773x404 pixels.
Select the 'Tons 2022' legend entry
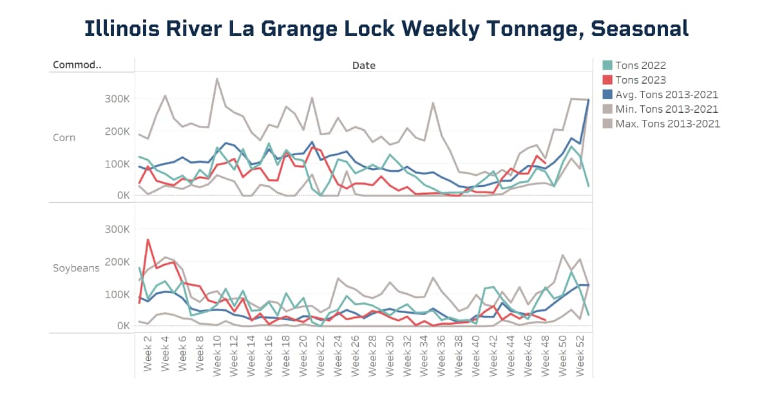(x=640, y=65)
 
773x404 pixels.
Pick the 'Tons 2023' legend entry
(x=640, y=80)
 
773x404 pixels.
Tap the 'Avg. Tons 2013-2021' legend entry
(x=666, y=95)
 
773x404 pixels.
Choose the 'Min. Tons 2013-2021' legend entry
(x=666, y=110)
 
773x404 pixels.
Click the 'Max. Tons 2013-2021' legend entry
(x=667, y=124)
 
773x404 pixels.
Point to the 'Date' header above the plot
(x=363, y=65)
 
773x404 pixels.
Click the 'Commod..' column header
(x=77, y=65)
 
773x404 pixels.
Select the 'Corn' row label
(x=64, y=137)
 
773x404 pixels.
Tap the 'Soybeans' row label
(x=76, y=267)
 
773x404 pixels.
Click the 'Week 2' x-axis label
(x=148, y=354)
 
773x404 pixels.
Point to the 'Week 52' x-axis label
(x=580, y=354)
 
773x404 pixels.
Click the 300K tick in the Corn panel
(x=116, y=99)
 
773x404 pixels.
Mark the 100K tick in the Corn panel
(x=116, y=164)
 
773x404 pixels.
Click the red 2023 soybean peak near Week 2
(x=148, y=240)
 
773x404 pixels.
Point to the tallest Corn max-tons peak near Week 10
(x=217, y=79)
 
